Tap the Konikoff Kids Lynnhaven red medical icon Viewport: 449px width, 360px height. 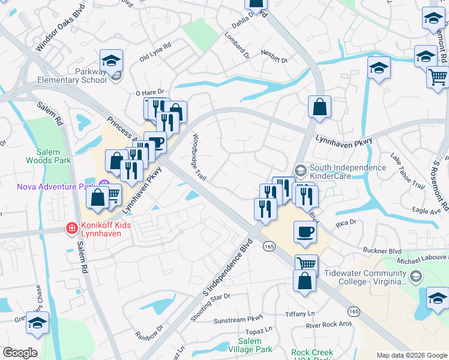click(71, 228)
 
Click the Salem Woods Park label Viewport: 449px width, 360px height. click(49, 156)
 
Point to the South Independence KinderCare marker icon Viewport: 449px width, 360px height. click(300, 170)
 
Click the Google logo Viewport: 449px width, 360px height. click(20, 353)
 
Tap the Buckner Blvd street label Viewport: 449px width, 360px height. click(382, 250)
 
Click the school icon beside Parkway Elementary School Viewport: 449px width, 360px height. click(111, 61)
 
